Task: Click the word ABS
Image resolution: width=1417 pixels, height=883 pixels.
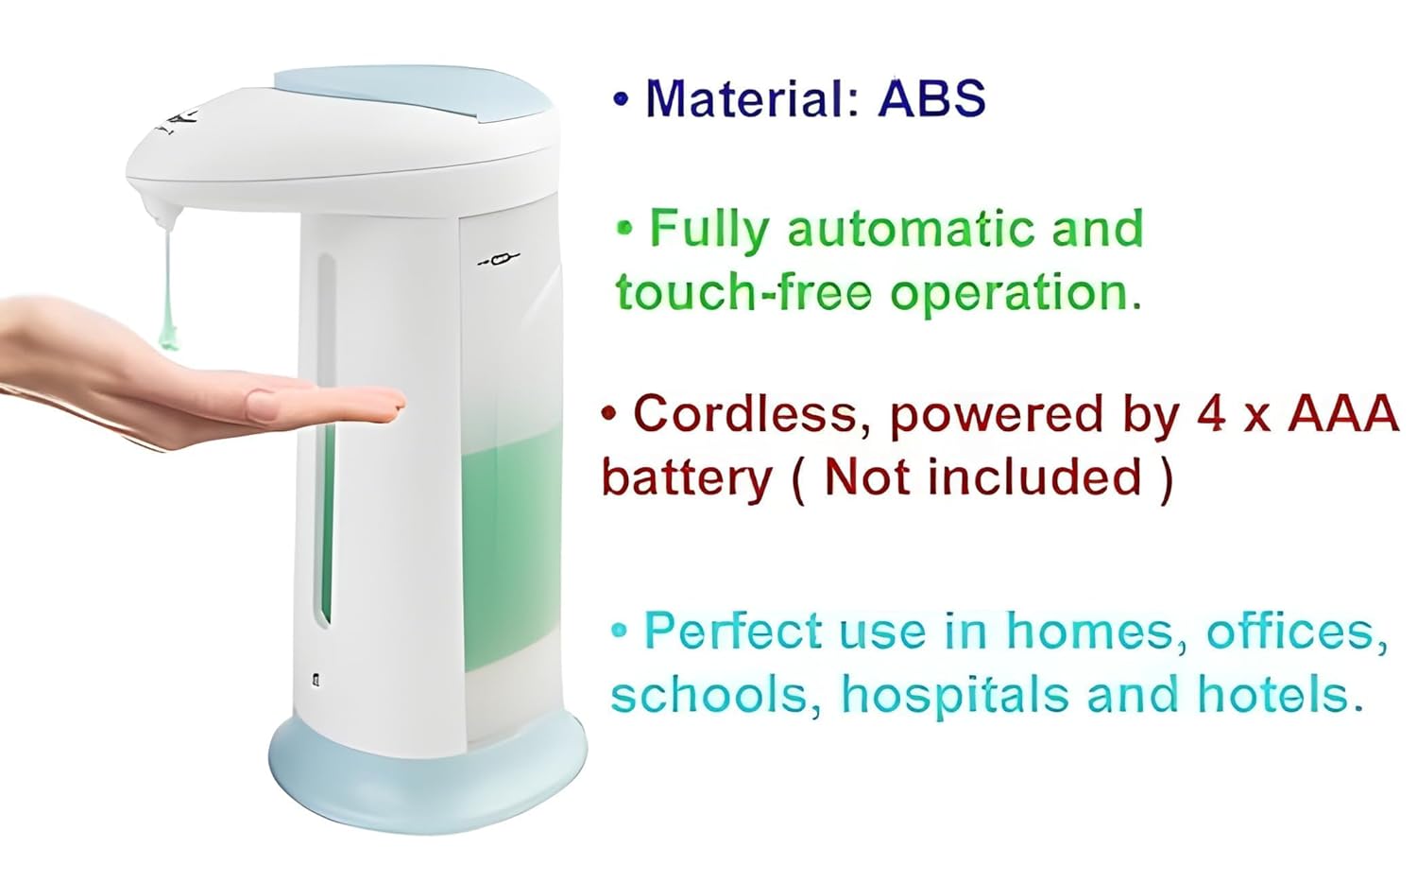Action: (x=931, y=98)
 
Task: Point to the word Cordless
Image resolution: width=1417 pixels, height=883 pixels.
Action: (x=744, y=413)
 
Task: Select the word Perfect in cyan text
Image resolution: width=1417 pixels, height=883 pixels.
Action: (x=733, y=631)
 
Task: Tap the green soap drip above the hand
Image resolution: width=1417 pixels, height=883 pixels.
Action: (x=168, y=285)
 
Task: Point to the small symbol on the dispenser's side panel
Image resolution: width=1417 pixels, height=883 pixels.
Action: (x=499, y=259)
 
